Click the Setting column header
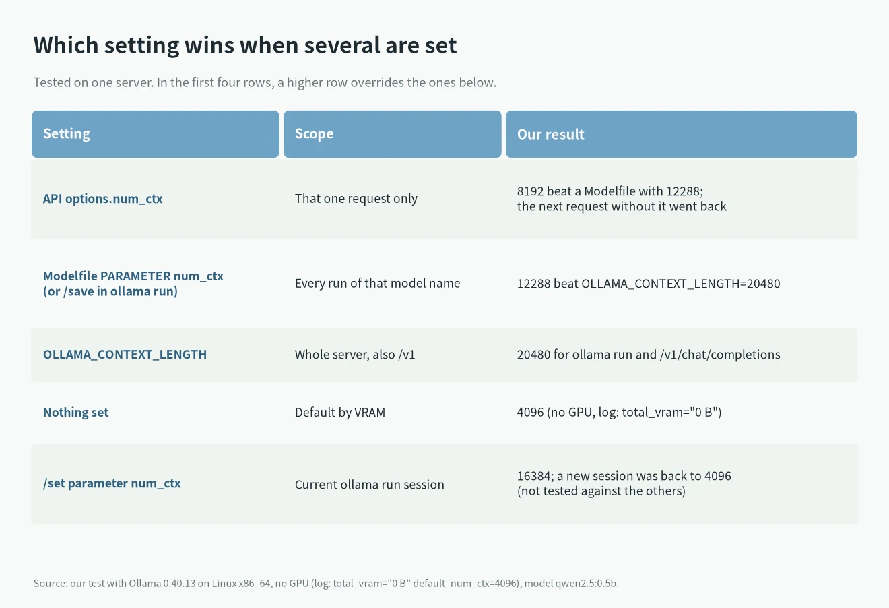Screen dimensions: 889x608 click(67, 134)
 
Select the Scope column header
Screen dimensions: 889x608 click(314, 134)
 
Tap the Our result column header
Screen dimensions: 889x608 click(550, 134)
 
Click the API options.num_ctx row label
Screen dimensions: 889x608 click(103, 199)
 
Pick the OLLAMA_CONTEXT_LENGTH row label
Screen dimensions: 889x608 click(125, 355)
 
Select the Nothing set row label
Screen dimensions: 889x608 click(76, 413)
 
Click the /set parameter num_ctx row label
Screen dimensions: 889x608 click(112, 483)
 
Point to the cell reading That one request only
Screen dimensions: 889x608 click(356, 199)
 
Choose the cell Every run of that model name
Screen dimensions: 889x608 click(377, 283)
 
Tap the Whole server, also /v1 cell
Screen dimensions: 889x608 click(355, 355)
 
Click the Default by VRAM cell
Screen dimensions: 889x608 click(340, 413)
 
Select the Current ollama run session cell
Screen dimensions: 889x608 click(370, 485)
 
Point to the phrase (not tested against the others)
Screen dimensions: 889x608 click(601, 491)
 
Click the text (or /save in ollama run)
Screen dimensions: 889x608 click(110, 291)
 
